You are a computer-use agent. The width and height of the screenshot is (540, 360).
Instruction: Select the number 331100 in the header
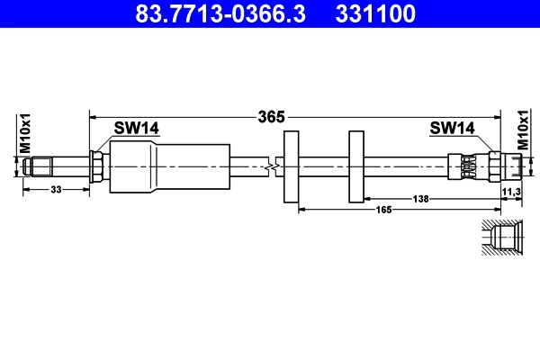coord(375,14)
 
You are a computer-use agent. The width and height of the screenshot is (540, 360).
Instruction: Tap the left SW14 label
coord(136,129)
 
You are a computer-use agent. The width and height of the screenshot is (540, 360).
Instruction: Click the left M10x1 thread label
coord(26,134)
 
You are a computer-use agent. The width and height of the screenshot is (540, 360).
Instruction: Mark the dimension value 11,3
coord(510,192)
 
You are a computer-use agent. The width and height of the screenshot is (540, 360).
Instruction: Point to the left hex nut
coord(96,166)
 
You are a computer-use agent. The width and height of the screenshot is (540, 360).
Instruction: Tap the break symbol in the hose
coord(272,166)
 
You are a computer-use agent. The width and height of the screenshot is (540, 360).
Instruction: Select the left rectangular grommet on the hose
coord(291,166)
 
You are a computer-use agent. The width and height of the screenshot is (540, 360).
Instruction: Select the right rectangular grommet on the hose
coord(355,166)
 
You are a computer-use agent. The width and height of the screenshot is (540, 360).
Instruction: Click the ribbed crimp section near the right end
coord(469,166)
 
